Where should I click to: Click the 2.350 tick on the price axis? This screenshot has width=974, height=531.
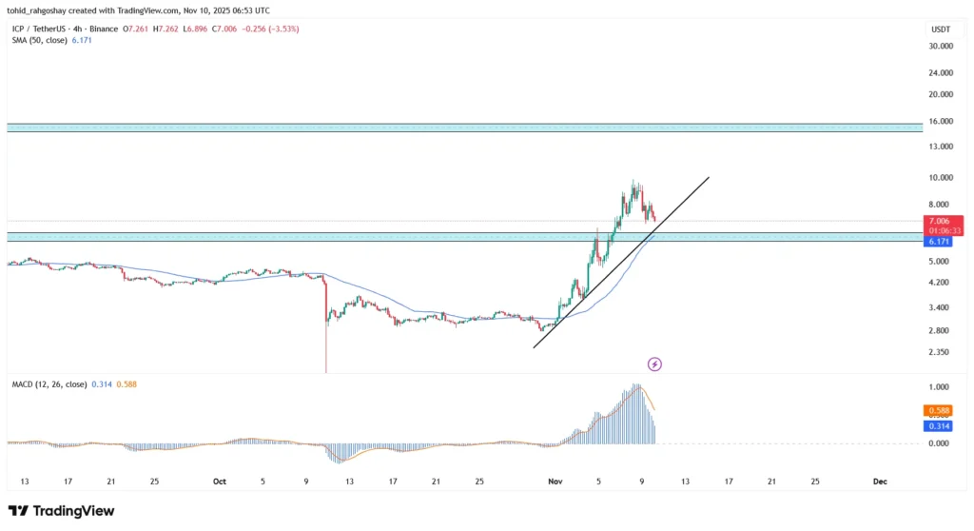click(938, 352)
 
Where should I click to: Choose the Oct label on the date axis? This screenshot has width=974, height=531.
click(220, 482)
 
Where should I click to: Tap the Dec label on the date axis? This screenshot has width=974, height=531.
click(880, 482)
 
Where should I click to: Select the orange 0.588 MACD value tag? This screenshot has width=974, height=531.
click(936, 410)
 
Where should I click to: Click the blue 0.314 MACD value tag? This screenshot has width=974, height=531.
click(936, 426)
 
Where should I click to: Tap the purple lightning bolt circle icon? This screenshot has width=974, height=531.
click(654, 364)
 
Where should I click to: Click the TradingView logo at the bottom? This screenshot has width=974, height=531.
click(62, 511)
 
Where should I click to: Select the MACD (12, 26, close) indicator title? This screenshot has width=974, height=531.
click(48, 383)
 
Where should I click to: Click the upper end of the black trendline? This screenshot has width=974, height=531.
click(709, 177)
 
